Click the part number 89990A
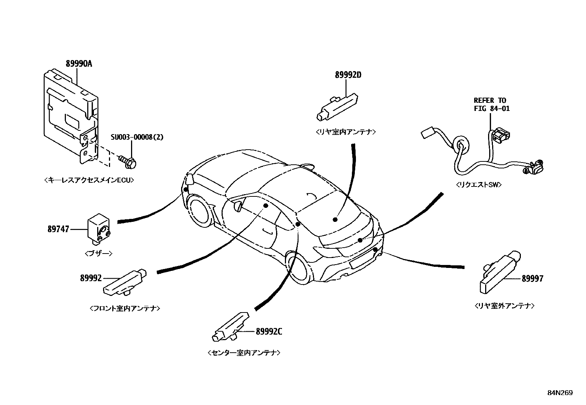pyautogui.click(x=78, y=64)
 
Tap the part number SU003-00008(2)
pyautogui.click(x=137, y=137)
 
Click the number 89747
pyautogui.click(x=58, y=229)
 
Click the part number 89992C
pyautogui.click(x=269, y=331)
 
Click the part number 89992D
pyautogui.click(x=348, y=75)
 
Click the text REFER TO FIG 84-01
pyautogui.click(x=491, y=104)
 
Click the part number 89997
pyautogui.click(x=532, y=279)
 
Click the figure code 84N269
pyautogui.click(x=559, y=393)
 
